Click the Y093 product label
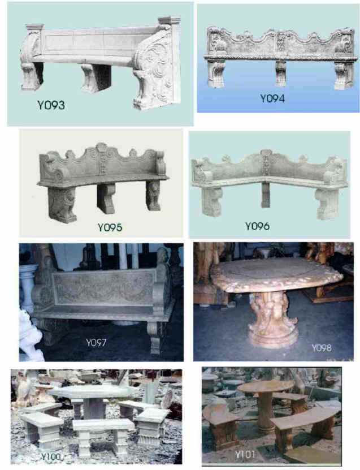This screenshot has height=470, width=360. click(51, 105)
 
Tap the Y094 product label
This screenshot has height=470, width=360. click(272, 98)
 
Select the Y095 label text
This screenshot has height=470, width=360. click(110, 227)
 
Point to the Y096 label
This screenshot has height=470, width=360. click(257, 226)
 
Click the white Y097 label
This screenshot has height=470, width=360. click(96, 342)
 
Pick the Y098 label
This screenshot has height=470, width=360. click(322, 348)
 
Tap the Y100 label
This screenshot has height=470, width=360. click(51, 456)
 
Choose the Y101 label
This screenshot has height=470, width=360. click(245, 454)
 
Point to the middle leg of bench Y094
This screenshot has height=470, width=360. click(281, 73)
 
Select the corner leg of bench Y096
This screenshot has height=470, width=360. click(266, 195)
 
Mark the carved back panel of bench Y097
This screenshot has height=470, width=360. click(103, 287)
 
